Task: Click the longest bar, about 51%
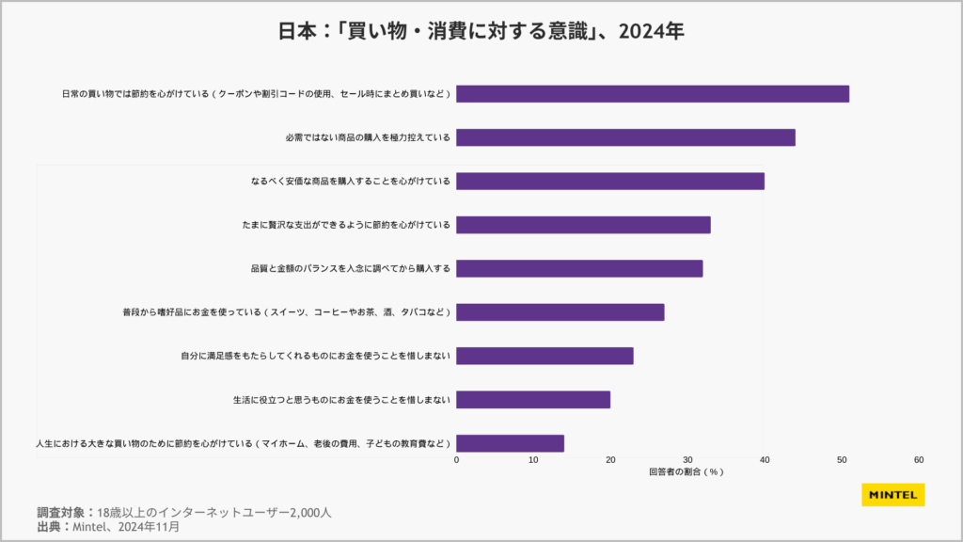pyautogui.click(x=653, y=94)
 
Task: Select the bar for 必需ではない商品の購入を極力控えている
pyautogui.click(x=625, y=137)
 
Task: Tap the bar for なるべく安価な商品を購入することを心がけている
pyautogui.click(x=610, y=182)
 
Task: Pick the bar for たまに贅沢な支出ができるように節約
pyautogui.click(x=583, y=225)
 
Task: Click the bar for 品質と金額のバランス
pyautogui.click(x=579, y=268)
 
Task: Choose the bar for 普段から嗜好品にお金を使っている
pyautogui.click(x=560, y=312)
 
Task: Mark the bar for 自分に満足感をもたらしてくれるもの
pyautogui.click(x=545, y=356)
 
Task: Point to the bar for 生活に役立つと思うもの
pyautogui.click(x=533, y=400)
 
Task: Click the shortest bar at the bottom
pyautogui.click(x=510, y=443)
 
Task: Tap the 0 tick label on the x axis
pyautogui.click(x=457, y=460)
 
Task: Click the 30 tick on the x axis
pyautogui.click(x=687, y=460)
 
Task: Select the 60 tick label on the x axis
pyautogui.click(x=919, y=460)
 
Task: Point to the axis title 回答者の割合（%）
pyautogui.click(x=686, y=472)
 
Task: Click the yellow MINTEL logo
pyautogui.click(x=892, y=495)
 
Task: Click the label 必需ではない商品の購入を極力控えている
pyautogui.click(x=368, y=137)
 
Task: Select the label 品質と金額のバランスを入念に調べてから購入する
pyautogui.click(x=351, y=268)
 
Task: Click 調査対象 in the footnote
pyautogui.click(x=61, y=513)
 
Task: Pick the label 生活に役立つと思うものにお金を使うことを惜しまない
pyautogui.click(x=341, y=400)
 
